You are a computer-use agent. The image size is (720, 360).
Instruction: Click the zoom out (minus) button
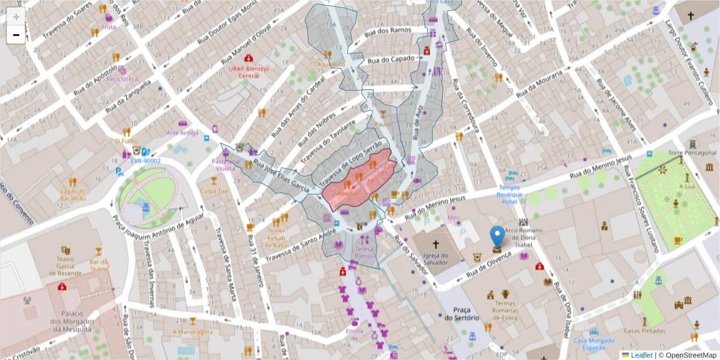point(16,35)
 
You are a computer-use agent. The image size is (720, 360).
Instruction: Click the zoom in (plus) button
point(16,16)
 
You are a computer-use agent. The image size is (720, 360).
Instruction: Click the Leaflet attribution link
point(641,355)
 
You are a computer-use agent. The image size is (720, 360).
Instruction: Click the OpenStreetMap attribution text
point(691,355)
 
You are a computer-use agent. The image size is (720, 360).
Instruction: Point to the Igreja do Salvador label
point(435,259)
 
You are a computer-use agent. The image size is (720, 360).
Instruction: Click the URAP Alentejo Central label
point(248,72)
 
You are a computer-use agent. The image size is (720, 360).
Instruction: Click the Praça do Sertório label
point(462,313)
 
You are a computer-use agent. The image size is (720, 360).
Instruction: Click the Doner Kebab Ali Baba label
point(276,238)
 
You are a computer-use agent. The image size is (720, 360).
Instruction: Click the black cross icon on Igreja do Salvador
point(435,244)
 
